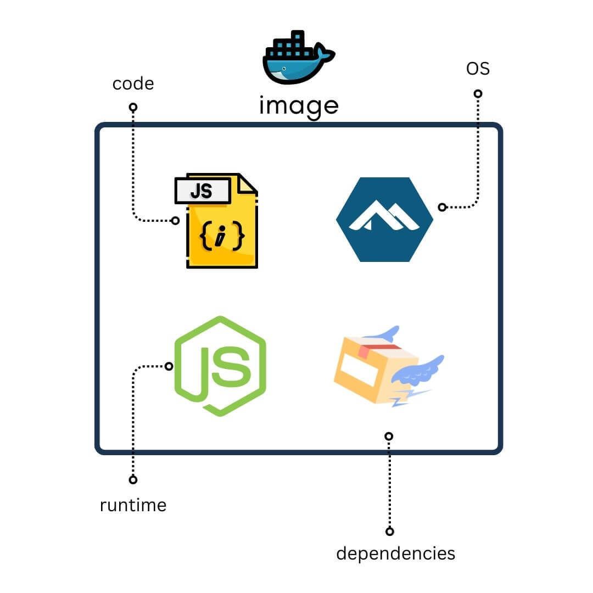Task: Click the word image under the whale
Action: pyautogui.click(x=298, y=106)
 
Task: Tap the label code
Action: pyautogui.click(x=133, y=84)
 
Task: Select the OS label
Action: pyautogui.click(x=478, y=69)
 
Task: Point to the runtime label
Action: pyautogui.click(x=133, y=505)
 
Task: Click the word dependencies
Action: pyautogui.click(x=395, y=553)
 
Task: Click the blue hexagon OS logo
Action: pyautogui.click(x=384, y=219)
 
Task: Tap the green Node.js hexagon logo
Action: pyautogui.click(x=220, y=366)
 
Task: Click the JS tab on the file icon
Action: pyautogui.click(x=202, y=191)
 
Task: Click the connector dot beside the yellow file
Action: pyautogui.click(x=175, y=221)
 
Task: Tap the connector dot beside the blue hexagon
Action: pyautogui.click(x=442, y=207)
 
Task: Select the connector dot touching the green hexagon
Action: pyautogui.click(x=169, y=366)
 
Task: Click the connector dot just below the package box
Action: pyautogui.click(x=389, y=437)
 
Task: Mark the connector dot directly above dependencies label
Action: pyautogui.click(x=389, y=531)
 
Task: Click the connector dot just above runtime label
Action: pyautogui.click(x=133, y=480)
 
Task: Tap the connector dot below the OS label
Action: pyautogui.click(x=478, y=94)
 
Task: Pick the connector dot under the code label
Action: pyautogui.click(x=133, y=107)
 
